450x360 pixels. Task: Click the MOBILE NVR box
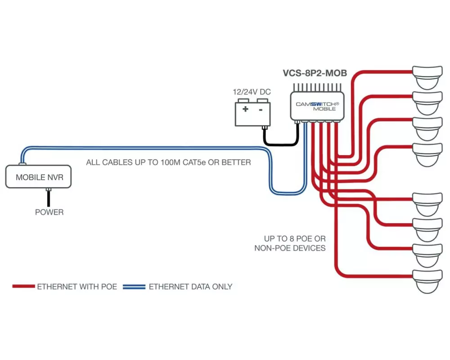(40, 177)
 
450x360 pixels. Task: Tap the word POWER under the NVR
(49, 212)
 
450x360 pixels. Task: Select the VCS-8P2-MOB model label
(315, 73)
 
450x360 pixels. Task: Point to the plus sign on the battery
(245, 109)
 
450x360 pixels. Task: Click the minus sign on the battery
(261, 109)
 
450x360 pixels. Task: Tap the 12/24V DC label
(252, 92)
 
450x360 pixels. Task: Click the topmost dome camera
(428, 76)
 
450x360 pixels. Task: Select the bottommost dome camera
(428, 281)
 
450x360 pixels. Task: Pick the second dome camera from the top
(428, 102)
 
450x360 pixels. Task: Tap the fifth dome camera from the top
(428, 204)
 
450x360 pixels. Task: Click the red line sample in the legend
(23, 286)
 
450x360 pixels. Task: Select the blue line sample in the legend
(134, 286)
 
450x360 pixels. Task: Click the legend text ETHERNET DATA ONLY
(190, 286)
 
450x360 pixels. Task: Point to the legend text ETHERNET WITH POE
(77, 286)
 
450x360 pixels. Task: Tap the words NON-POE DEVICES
(290, 248)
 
